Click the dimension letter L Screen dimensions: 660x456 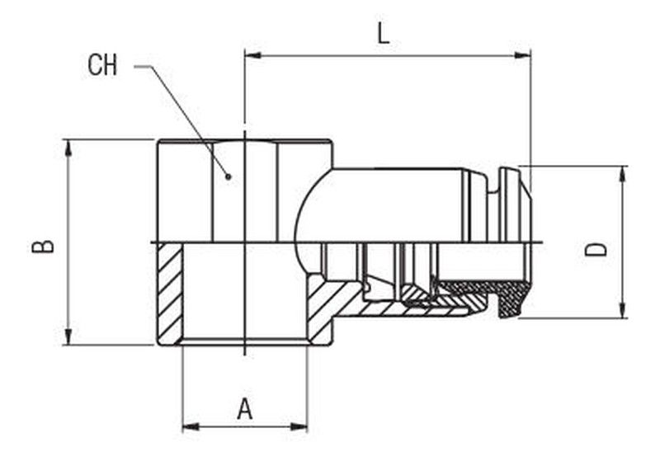pyautogui.click(x=383, y=33)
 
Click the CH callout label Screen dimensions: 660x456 pyautogui.click(x=101, y=65)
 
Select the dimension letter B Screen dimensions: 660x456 pyautogui.click(x=43, y=247)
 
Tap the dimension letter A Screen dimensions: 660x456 pyautogui.click(x=244, y=410)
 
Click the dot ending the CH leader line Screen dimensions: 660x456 pyautogui.click(x=229, y=176)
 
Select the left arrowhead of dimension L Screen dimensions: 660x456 pyautogui.click(x=253, y=55)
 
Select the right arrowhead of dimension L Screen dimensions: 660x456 pyautogui.click(x=522, y=55)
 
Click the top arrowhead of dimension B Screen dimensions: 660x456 pyautogui.click(x=68, y=148)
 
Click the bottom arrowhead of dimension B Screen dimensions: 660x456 pyautogui.click(x=68, y=336)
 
